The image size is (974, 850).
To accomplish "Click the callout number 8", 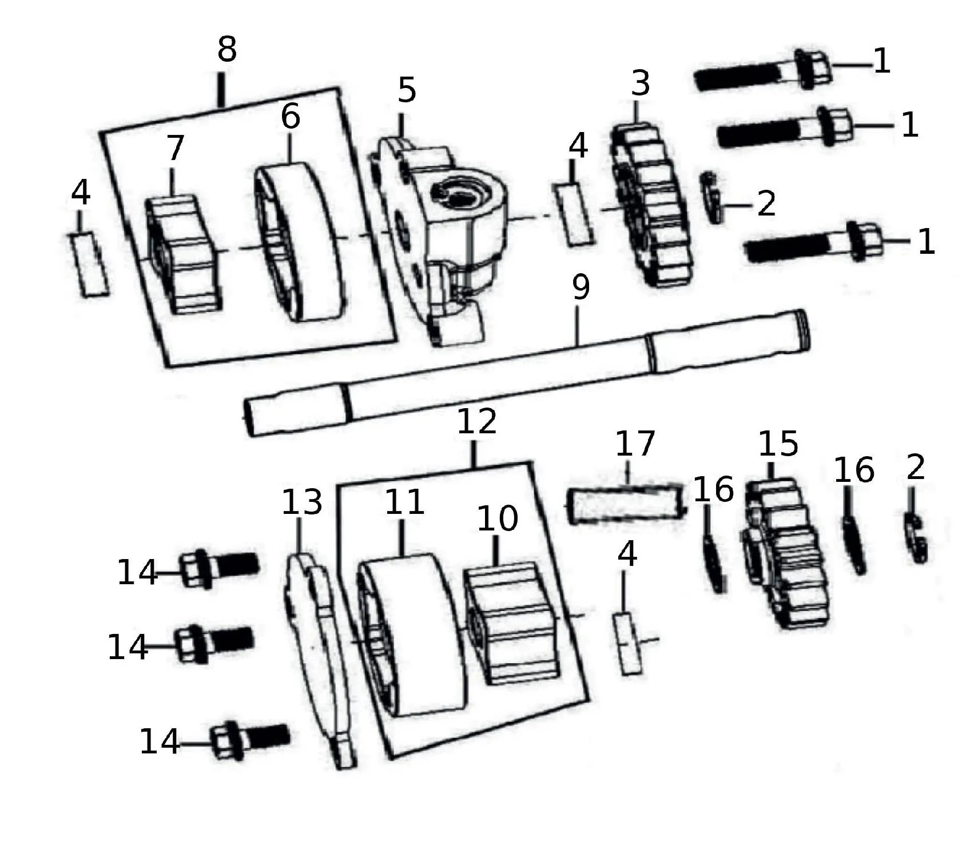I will [227, 50].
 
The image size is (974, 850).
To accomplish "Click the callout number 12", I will [477, 422].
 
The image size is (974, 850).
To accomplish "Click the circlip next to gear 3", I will [711, 197].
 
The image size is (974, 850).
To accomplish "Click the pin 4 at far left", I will [89, 264].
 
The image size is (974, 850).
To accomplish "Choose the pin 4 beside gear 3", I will [573, 214].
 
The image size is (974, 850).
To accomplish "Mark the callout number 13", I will [302, 502].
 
